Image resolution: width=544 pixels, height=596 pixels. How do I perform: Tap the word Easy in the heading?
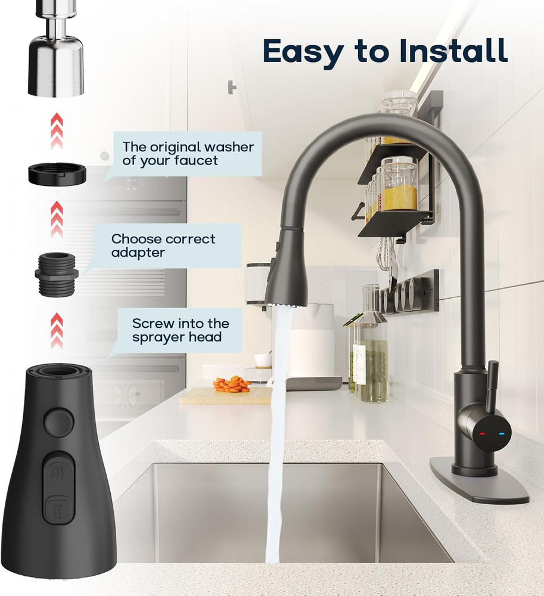click(x=303, y=52)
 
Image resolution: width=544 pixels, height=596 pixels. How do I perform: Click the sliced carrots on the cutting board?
click(x=232, y=384)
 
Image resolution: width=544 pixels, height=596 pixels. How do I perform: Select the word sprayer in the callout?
click(x=156, y=337)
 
